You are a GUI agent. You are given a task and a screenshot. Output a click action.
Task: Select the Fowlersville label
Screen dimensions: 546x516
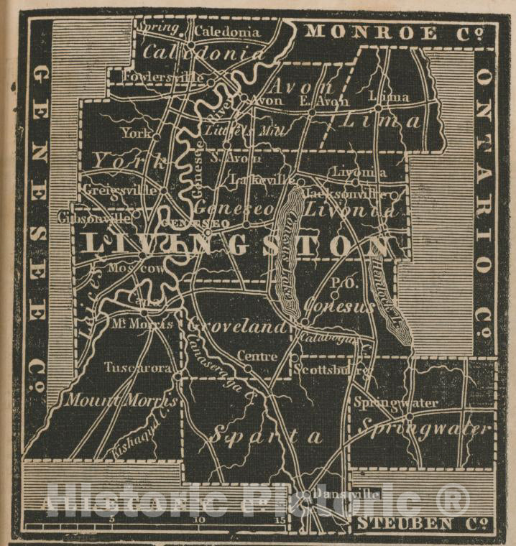point(154,75)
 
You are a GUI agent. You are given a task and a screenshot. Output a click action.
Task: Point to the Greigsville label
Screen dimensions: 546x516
point(110,190)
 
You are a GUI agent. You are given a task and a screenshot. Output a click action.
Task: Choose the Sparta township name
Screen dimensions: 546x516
point(264,435)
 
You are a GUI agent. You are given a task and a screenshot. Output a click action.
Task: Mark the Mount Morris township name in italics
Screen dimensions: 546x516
point(121,400)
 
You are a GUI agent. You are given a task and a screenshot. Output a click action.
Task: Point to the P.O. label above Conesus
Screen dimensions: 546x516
point(338,284)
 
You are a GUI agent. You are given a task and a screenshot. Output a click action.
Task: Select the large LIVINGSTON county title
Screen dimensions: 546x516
point(237,245)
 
